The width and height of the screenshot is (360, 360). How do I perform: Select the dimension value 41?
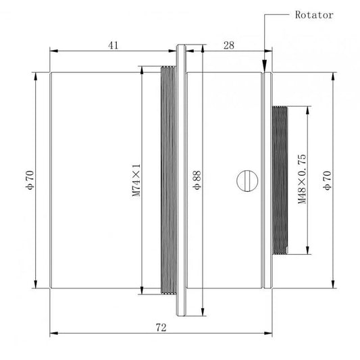click(x=113, y=45)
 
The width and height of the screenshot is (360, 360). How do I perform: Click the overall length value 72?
click(x=161, y=327)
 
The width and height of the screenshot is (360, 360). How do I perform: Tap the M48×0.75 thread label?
click(x=302, y=179)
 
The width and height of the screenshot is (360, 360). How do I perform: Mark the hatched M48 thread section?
click(x=280, y=180)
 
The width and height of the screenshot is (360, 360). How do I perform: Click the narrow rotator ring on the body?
click(x=267, y=180)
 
